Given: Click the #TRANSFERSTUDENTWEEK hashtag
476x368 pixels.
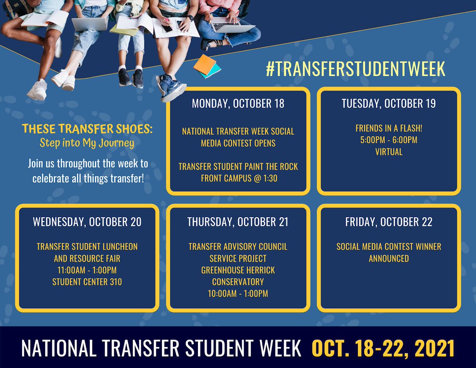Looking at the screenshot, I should click(x=356, y=69).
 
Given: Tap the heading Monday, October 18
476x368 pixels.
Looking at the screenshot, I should click(x=238, y=104).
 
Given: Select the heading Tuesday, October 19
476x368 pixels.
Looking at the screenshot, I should click(x=389, y=104).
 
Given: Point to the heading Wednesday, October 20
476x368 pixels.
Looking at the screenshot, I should click(x=87, y=222).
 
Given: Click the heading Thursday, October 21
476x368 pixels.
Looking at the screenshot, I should click(x=238, y=222).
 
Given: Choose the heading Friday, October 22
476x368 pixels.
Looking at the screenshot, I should click(x=389, y=222).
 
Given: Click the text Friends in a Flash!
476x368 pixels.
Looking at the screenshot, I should click(x=389, y=128).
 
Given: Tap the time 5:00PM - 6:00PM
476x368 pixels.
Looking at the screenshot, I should click(x=389, y=140).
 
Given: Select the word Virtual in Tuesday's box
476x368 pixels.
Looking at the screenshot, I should click(x=389, y=152).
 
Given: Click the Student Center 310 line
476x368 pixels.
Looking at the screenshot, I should click(x=87, y=282).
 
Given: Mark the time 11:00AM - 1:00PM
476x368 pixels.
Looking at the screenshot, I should click(x=87, y=270).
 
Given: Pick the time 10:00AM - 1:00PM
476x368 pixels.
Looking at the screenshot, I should click(x=238, y=294).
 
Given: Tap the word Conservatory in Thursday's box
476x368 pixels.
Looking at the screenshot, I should click(x=238, y=282).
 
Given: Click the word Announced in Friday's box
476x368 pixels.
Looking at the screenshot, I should click(x=389, y=258).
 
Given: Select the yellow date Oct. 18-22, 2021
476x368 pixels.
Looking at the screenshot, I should click(x=383, y=348).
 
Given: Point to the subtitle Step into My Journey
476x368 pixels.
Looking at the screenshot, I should click(x=87, y=143).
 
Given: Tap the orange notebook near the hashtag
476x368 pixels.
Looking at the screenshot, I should click(x=204, y=65).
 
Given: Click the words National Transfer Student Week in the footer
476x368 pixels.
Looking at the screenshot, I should click(x=161, y=348).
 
